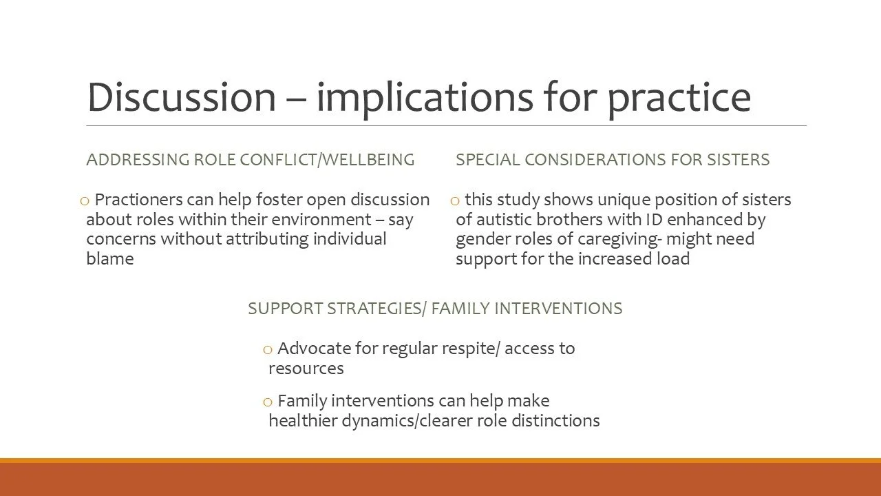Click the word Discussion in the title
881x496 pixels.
(180, 97)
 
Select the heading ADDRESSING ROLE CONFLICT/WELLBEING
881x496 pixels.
(250, 160)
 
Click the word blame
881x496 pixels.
(109, 259)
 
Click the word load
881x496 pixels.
(673, 259)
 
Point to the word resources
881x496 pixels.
(306, 369)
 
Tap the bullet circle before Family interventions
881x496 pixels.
(268, 402)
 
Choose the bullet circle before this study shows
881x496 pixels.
(455, 201)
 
